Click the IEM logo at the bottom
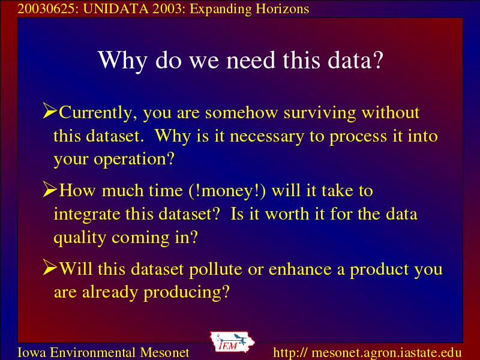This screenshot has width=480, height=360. click(232, 342)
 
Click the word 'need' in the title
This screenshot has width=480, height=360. click(251, 59)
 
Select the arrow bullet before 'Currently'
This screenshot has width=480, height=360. click(50, 110)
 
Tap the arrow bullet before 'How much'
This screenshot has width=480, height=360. click(50, 189)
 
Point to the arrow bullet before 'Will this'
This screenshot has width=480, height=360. click(50, 267)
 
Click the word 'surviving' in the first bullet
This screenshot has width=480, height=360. click(320, 113)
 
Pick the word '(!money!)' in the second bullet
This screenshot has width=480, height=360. click(227, 191)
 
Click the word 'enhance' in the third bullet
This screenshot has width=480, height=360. click(301, 269)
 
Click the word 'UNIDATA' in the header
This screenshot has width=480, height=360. click(116, 9)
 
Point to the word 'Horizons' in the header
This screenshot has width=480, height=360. click(282, 9)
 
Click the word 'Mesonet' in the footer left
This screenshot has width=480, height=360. click(164, 352)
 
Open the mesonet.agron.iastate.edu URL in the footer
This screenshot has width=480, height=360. click(367, 352)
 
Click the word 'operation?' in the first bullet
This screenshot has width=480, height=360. click(134, 160)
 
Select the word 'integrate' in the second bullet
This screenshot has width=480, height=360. click(87, 215)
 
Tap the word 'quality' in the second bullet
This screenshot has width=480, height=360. click(80, 238)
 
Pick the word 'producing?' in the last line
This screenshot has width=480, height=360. click(187, 293)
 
